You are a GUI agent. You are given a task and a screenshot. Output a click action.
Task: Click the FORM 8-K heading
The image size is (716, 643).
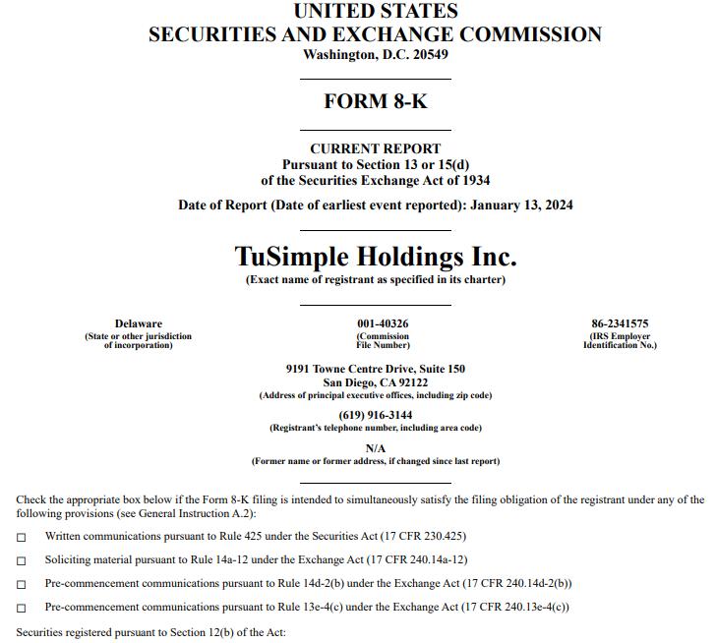point(376,100)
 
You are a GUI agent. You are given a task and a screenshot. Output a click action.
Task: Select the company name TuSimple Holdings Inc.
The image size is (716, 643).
point(376,257)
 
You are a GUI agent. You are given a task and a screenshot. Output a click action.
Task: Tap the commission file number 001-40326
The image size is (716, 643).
point(383,323)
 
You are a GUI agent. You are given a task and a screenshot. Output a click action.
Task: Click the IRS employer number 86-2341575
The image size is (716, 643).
point(620,323)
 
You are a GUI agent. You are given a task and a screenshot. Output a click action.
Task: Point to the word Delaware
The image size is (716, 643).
point(139,323)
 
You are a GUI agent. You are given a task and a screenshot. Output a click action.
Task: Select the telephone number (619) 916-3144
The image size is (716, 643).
point(376,415)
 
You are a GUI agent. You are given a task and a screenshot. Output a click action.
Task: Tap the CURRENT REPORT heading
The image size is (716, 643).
point(376,149)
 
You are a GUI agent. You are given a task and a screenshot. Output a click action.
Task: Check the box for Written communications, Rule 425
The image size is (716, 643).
point(22,537)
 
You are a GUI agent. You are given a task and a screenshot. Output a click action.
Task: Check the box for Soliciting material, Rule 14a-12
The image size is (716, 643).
point(22,560)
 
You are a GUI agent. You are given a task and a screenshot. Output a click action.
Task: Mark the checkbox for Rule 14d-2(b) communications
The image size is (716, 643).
point(22,584)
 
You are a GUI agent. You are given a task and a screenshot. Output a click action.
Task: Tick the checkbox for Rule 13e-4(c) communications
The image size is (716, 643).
point(22,608)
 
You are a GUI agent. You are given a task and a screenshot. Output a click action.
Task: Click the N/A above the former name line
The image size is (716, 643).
point(376,448)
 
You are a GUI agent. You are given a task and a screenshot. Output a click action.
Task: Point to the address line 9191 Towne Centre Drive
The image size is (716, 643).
point(376,369)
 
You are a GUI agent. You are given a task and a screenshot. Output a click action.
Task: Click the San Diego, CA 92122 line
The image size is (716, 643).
point(376,382)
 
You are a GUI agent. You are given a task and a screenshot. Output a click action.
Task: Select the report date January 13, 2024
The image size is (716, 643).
point(521,205)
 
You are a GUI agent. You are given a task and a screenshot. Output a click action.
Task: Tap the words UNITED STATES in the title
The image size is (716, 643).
point(376,12)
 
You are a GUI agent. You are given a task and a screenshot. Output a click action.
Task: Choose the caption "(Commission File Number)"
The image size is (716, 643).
point(383,340)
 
